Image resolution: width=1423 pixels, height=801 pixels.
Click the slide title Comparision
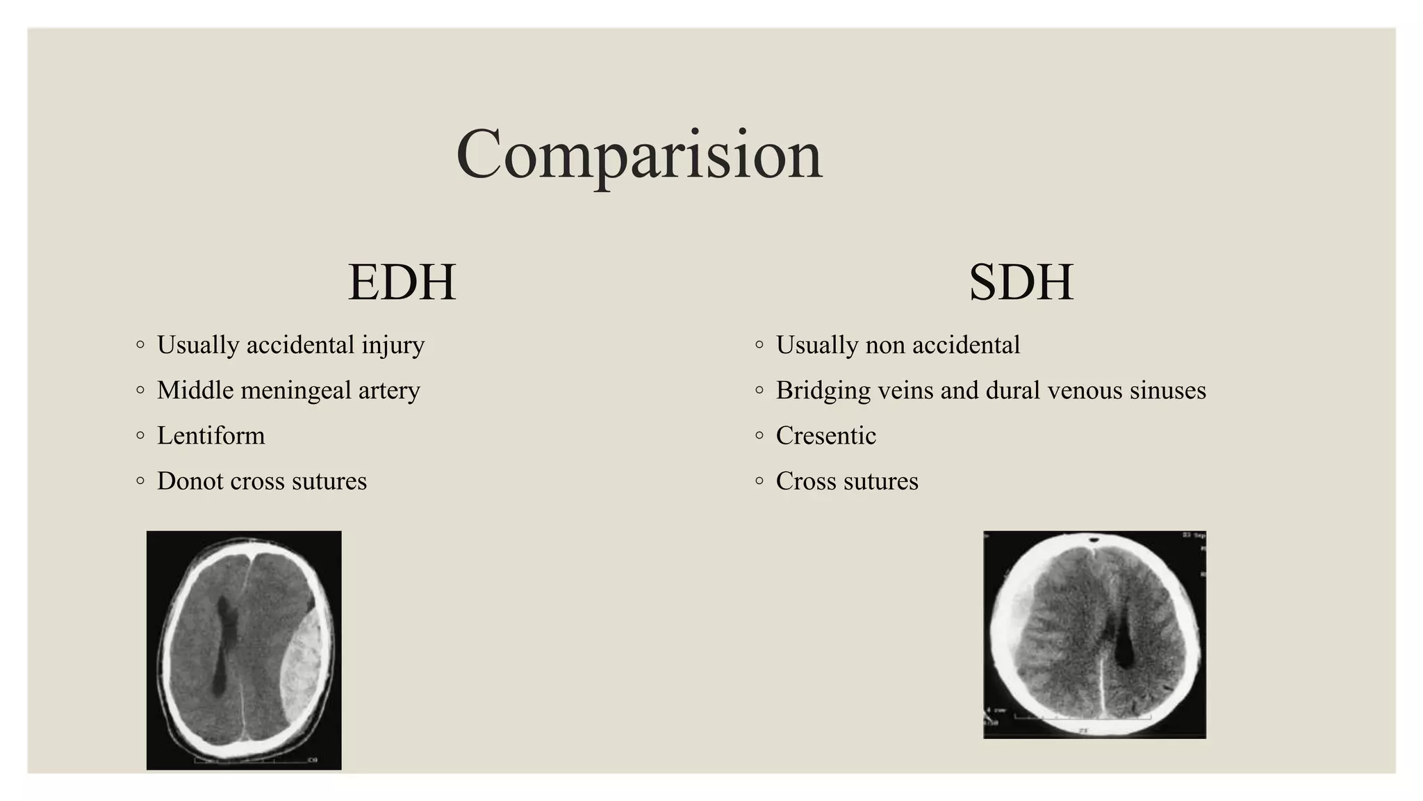click(639, 154)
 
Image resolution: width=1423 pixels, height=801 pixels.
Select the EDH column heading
click(402, 282)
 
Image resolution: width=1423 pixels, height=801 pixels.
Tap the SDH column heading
click(1021, 282)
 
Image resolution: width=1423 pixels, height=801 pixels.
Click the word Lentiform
click(211, 436)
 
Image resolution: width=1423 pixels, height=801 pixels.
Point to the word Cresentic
click(825, 436)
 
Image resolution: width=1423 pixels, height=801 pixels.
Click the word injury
click(393, 346)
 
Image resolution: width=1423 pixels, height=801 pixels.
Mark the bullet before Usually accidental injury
click(140, 345)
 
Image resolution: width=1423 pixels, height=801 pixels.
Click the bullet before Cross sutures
click(759, 481)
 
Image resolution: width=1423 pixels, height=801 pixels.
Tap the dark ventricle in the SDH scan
click(1124, 650)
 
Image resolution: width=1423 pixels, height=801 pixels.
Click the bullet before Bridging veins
click(759, 391)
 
